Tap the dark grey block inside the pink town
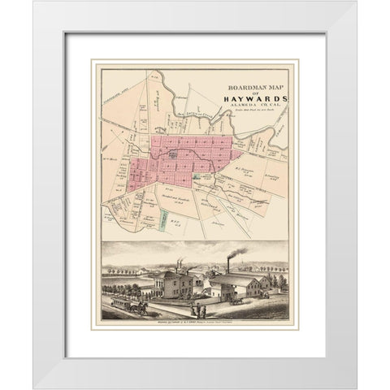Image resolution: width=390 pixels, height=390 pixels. tap(172, 154)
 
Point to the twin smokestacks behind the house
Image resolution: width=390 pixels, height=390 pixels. tap(180, 267)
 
